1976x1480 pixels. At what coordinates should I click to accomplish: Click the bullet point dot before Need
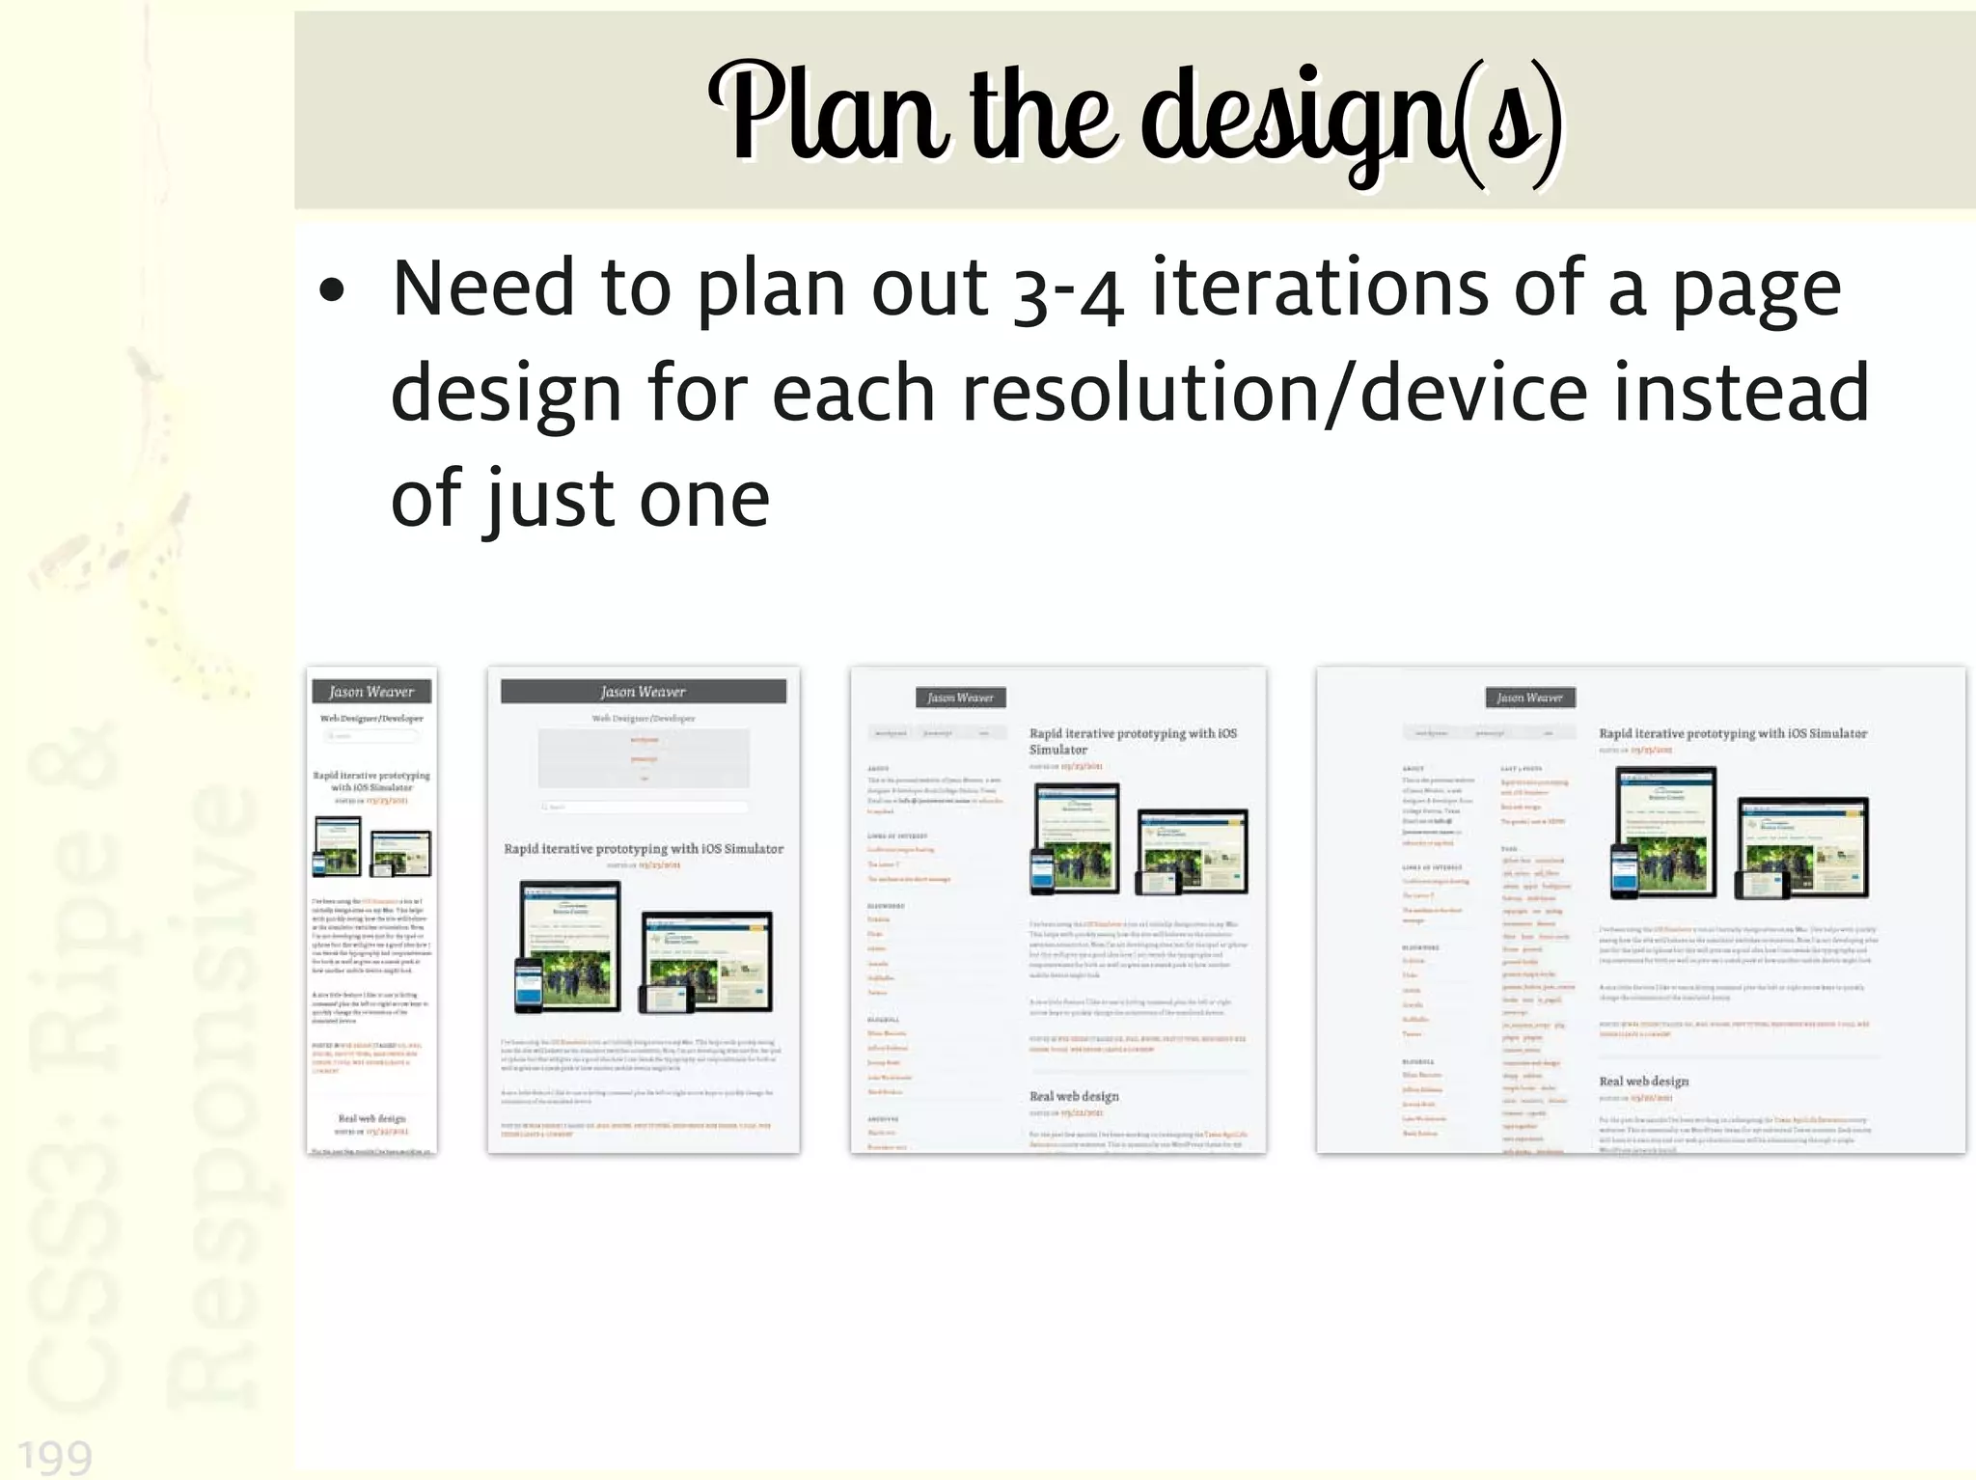point(331,290)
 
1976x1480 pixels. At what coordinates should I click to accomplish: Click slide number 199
point(55,1455)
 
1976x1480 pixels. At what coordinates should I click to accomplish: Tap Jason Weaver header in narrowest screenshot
point(371,692)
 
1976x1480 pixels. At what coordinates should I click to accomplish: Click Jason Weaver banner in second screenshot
point(643,692)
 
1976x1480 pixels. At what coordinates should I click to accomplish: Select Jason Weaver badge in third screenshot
point(960,698)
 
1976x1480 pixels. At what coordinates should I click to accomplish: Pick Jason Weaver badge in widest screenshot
point(1529,698)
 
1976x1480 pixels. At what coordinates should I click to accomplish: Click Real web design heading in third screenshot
point(1074,1096)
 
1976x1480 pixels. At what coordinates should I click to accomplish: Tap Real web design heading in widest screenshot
point(1644,1082)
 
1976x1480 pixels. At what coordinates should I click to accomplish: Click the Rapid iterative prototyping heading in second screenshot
point(644,849)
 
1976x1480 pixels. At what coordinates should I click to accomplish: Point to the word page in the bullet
point(1756,290)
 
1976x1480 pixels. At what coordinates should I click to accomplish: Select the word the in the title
point(1044,114)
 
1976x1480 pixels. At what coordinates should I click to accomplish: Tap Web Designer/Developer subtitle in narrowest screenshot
point(371,719)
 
